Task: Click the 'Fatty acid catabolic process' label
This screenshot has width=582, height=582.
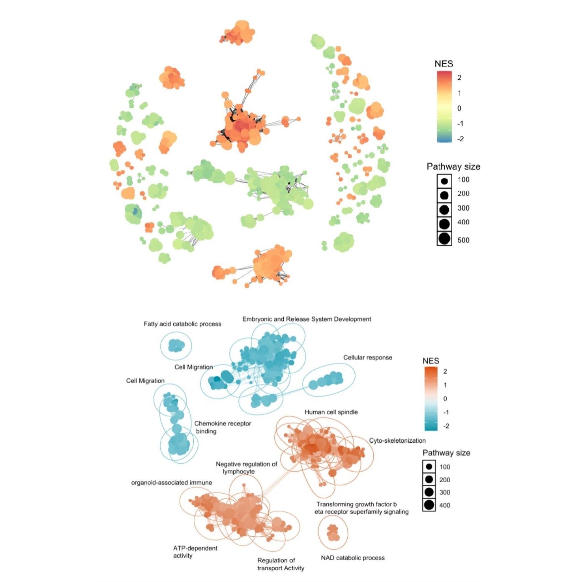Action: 182,324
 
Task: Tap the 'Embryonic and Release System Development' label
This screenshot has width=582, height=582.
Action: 307,319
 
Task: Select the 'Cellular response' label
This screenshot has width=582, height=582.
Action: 367,357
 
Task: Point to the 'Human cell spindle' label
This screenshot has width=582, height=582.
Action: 331,412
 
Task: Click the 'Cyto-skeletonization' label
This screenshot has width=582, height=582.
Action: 397,440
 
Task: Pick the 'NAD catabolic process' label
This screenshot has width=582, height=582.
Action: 353,558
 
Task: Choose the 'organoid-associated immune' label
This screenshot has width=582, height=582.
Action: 171,482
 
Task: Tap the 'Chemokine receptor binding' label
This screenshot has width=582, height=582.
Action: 223,427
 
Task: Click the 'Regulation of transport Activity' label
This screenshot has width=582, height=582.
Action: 280,564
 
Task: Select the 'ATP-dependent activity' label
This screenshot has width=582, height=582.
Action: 195,552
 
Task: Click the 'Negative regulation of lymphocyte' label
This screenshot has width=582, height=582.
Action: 246,468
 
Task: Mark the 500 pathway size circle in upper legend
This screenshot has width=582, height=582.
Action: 444,239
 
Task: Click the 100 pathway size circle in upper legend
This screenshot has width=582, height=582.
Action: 444,181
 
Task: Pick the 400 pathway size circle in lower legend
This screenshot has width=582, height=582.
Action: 429,505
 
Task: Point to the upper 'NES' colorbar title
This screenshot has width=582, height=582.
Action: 444,64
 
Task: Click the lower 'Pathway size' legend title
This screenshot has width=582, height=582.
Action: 446,452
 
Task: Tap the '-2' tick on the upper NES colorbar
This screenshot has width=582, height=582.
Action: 460,139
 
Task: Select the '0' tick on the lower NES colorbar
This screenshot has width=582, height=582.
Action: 445,399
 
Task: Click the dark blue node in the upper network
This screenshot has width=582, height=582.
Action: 135,211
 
